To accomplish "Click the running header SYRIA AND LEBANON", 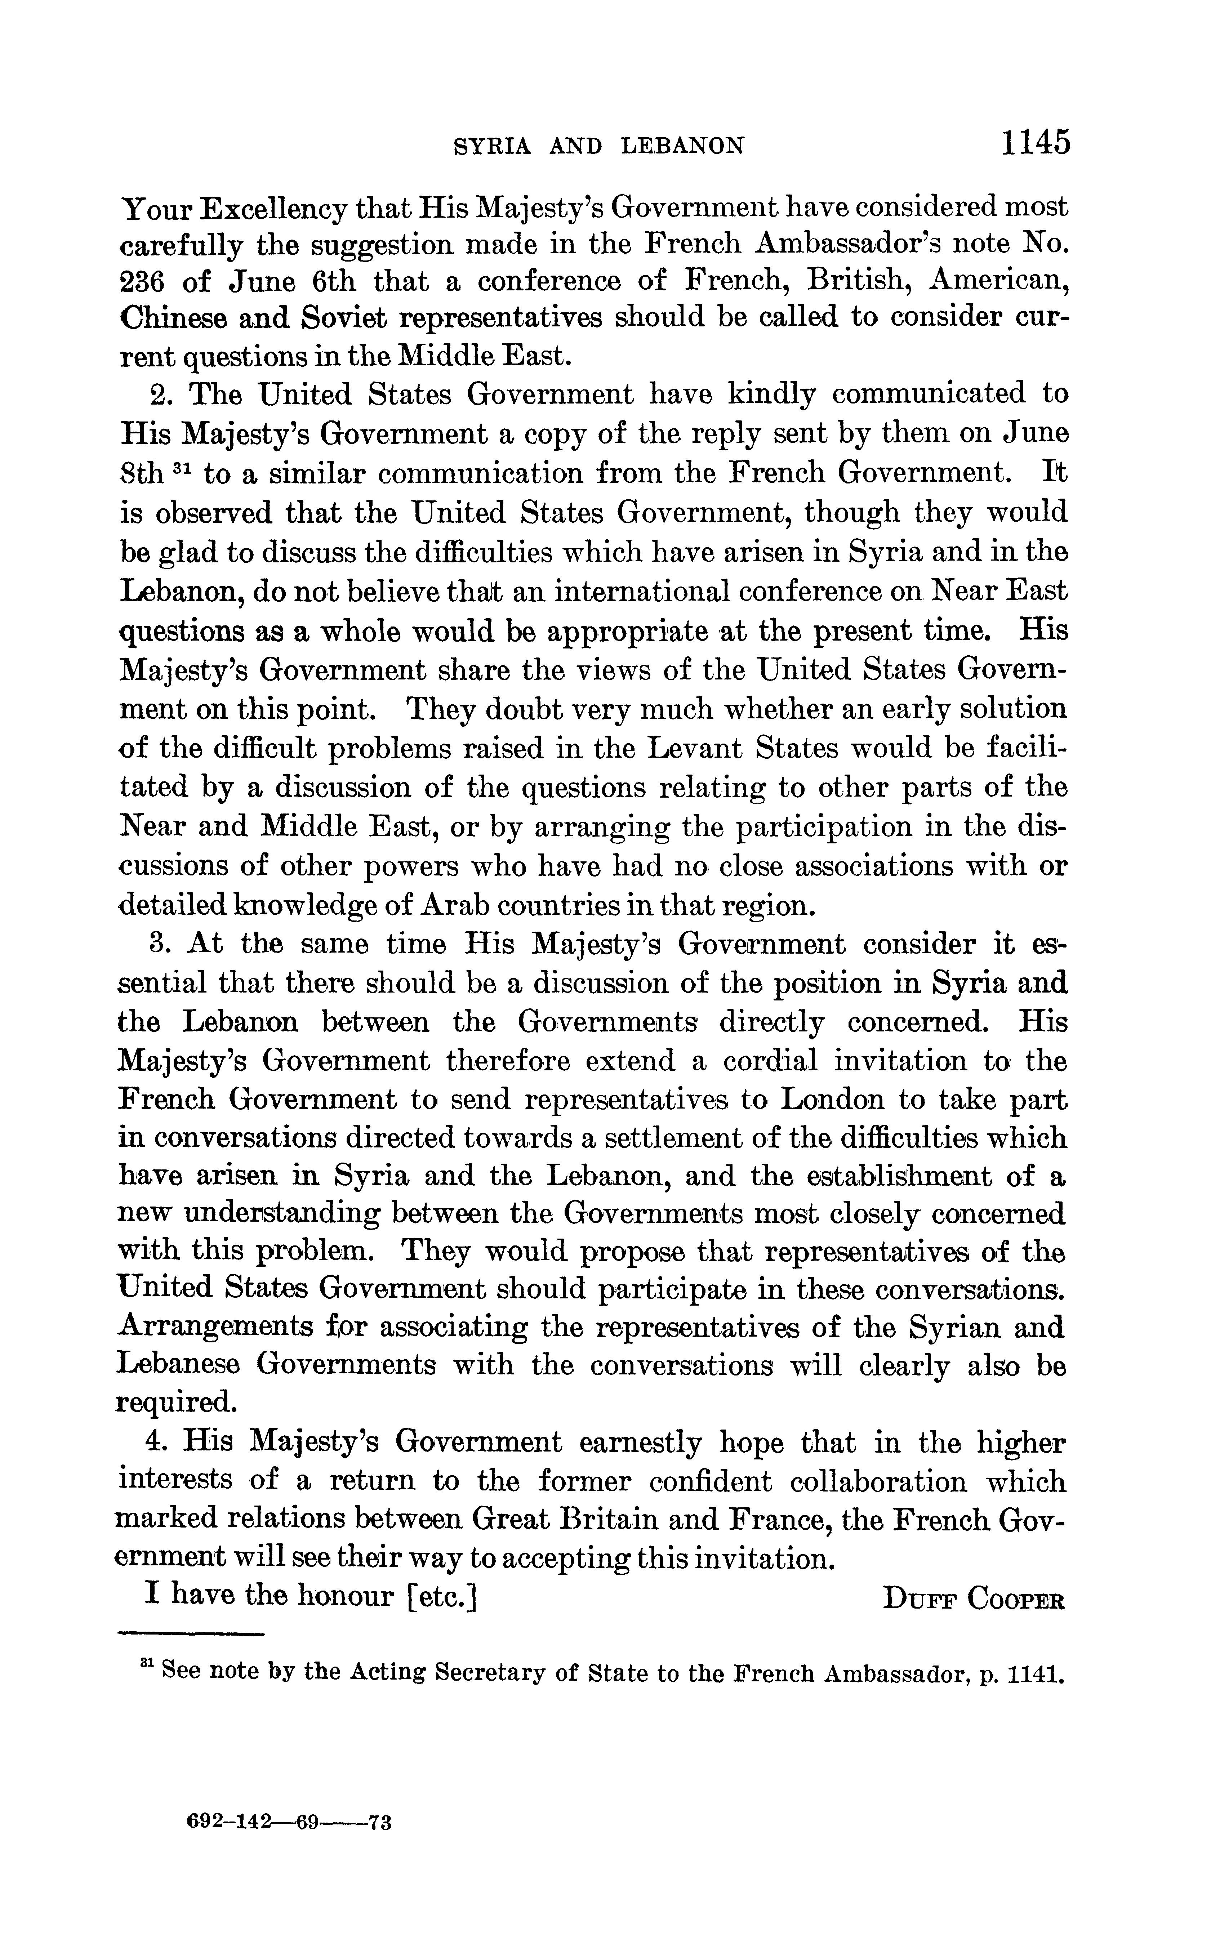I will coord(599,146).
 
